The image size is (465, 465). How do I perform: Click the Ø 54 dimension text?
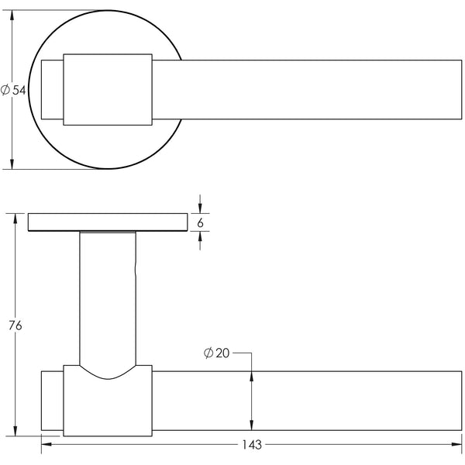coord(14,91)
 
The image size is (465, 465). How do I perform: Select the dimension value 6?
coord(201,222)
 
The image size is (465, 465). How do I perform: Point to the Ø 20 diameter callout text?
coord(217,353)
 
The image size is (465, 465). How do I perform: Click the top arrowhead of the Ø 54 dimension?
coord(12,16)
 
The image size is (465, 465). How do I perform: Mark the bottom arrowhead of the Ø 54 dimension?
coord(12,163)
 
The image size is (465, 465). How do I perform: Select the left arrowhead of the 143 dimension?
coord(45,445)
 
